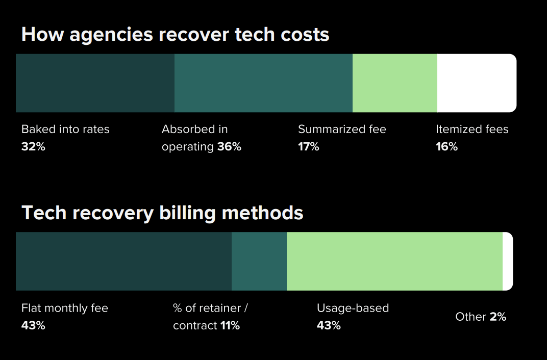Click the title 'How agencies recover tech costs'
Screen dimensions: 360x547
point(175,35)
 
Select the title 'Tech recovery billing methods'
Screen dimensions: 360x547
point(162,213)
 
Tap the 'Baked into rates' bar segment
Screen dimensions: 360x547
point(95,83)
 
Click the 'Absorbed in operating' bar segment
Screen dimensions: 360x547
point(263,83)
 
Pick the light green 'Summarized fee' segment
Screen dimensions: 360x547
point(394,83)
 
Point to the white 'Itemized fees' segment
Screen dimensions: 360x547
point(477,83)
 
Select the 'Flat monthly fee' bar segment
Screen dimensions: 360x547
point(123,262)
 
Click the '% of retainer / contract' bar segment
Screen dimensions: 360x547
point(259,262)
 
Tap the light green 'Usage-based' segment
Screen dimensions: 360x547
point(394,262)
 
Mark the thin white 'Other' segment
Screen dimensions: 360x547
point(508,262)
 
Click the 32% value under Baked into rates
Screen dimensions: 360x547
point(33,147)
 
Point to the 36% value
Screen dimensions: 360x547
point(229,147)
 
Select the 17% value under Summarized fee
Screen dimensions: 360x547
point(309,147)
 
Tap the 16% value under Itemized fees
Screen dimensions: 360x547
point(446,147)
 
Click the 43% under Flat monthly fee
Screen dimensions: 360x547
point(33,325)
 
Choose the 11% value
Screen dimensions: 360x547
point(230,325)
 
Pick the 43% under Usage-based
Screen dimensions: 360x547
point(329,325)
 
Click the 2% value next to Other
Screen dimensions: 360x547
point(498,317)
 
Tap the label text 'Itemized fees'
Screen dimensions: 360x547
point(472,130)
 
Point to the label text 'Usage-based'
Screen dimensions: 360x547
point(353,308)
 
